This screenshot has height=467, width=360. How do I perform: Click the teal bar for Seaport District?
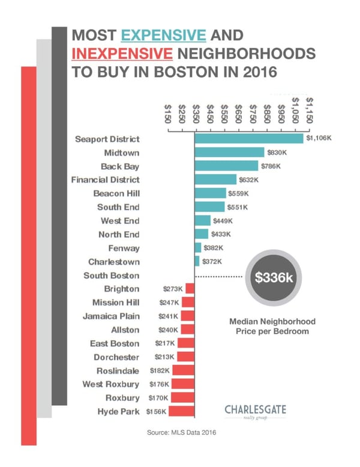click(x=248, y=139)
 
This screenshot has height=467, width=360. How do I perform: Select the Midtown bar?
click(x=229, y=152)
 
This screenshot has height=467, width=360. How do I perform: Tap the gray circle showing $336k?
click(x=274, y=279)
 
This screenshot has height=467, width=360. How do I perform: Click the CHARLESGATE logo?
click(x=256, y=411)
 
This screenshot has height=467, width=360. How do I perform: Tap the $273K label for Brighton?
click(x=173, y=289)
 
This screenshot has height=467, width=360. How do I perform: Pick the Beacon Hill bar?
click(x=210, y=193)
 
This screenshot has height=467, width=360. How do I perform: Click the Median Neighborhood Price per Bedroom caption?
click(x=272, y=327)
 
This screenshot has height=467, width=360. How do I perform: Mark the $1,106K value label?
click(x=318, y=139)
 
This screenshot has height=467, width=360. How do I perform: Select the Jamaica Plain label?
click(x=111, y=316)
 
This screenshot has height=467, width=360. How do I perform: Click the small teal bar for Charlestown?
click(x=197, y=261)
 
